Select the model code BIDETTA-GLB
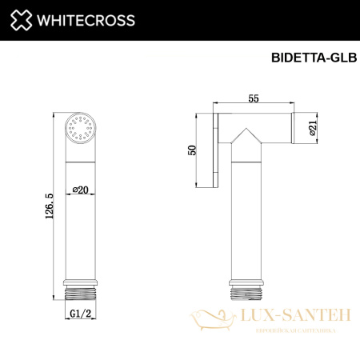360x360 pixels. pyautogui.click(x=308, y=58)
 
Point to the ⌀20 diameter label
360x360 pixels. pyautogui.click(x=80, y=190)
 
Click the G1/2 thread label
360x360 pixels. pyautogui.click(x=80, y=311)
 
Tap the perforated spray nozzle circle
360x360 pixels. pyautogui.click(x=80, y=129)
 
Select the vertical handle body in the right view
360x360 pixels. pyautogui.click(x=246, y=216)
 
